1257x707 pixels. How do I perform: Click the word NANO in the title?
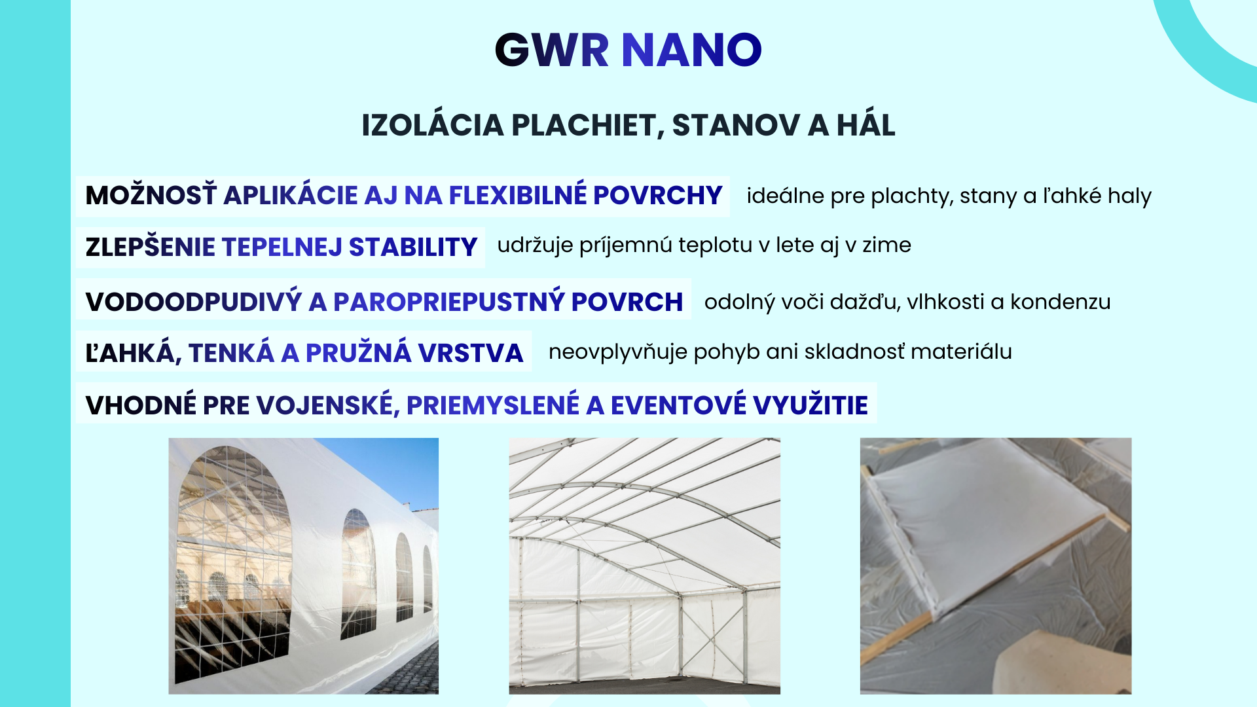(x=691, y=50)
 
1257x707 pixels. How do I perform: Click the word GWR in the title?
(x=552, y=50)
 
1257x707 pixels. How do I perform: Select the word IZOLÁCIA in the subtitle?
(x=432, y=125)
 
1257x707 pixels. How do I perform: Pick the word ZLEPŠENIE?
(x=151, y=247)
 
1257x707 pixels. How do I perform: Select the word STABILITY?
(x=413, y=247)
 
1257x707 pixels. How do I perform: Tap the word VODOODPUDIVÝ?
(x=194, y=301)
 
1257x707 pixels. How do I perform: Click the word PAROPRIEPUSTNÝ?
(x=448, y=301)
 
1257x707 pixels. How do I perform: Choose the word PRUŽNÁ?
(x=358, y=352)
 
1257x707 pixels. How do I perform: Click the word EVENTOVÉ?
(x=678, y=405)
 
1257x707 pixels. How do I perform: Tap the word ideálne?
(x=785, y=196)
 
